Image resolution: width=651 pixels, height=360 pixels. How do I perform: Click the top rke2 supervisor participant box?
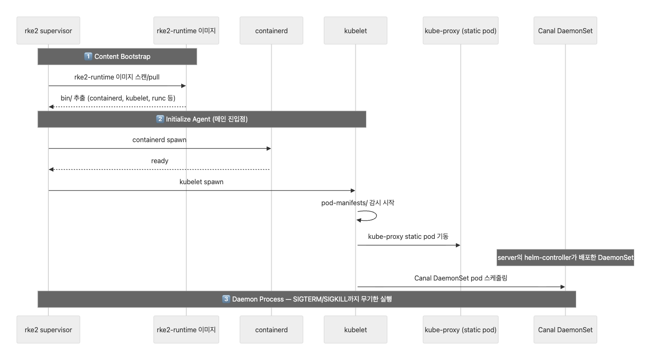tap(48, 31)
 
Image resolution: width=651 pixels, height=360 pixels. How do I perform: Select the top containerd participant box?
tap(271, 31)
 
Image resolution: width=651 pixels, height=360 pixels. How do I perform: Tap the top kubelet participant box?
tap(355, 31)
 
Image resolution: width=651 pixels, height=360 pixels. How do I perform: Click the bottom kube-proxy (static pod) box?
tap(460, 330)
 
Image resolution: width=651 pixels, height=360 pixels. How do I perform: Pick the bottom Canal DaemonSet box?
tap(565, 330)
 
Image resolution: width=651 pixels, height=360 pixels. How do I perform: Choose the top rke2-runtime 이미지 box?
tap(186, 31)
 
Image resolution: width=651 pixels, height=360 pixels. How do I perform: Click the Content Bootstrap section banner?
tap(117, 56)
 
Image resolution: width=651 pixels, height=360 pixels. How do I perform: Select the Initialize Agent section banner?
tap(202, 119)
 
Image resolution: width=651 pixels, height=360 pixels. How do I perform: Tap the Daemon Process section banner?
tap(307, 299)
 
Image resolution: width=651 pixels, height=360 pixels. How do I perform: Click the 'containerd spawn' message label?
tap(159, 140)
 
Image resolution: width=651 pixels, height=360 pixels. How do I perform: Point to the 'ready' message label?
tap(159, 161)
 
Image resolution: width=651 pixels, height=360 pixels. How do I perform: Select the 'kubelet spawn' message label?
tap(201, 182)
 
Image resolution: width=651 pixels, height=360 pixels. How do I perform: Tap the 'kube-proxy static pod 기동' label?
tap(408, 236)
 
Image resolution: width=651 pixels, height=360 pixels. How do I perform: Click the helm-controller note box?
tap(565, 257)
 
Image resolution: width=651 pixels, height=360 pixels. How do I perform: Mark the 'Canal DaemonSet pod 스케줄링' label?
tap(460, 278)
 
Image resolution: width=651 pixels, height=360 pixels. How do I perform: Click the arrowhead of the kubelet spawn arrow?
tap(353, 191)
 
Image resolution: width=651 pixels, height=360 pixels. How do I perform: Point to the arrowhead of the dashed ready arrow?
tap(51, 169)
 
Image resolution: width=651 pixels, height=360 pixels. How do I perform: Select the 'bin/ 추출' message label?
tap(118, 98)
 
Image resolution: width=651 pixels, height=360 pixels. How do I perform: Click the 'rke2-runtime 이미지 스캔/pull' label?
tap(117, 77)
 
